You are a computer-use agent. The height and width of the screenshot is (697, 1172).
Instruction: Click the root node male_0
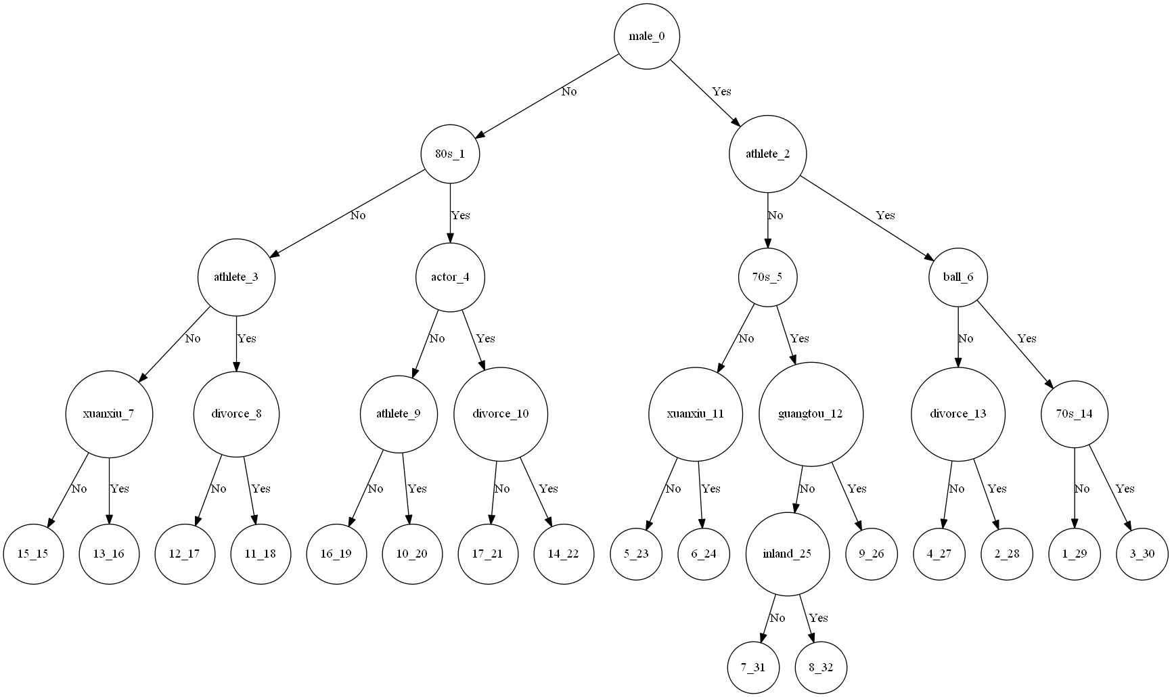click(646, 36)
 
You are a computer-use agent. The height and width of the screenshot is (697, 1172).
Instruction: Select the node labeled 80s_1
click(450, 154)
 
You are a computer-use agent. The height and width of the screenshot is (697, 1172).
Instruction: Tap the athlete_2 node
click(767, 154)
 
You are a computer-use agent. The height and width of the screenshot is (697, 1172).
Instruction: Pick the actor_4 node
click(450, 277)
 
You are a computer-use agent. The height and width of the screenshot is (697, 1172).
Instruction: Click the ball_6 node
click(958, 277)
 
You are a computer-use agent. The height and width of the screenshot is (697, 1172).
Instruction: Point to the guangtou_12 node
click(811, 413)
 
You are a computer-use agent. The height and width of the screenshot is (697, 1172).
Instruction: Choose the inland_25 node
click(788, 554)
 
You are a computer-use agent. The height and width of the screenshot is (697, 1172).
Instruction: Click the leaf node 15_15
click(32, 554)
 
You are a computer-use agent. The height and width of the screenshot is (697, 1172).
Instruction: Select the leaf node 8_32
click(820, 667)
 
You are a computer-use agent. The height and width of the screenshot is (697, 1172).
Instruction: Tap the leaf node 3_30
click(1142, 554)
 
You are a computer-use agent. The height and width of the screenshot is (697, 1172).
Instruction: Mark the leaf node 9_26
click(871, 554)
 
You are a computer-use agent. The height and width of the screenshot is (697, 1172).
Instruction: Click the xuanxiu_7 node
click(108, 413)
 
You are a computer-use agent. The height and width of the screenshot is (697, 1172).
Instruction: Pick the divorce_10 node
click(501, 413)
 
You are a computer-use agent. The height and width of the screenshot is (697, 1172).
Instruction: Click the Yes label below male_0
click(721, 91)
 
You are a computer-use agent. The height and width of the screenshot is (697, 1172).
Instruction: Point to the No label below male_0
click(569, 91)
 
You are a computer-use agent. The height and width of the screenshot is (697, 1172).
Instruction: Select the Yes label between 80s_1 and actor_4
click(460, 215)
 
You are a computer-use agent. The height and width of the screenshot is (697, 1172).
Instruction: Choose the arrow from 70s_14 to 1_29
click(1075, 487)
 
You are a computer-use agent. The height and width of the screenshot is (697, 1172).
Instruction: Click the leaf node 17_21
click(487, 554)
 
